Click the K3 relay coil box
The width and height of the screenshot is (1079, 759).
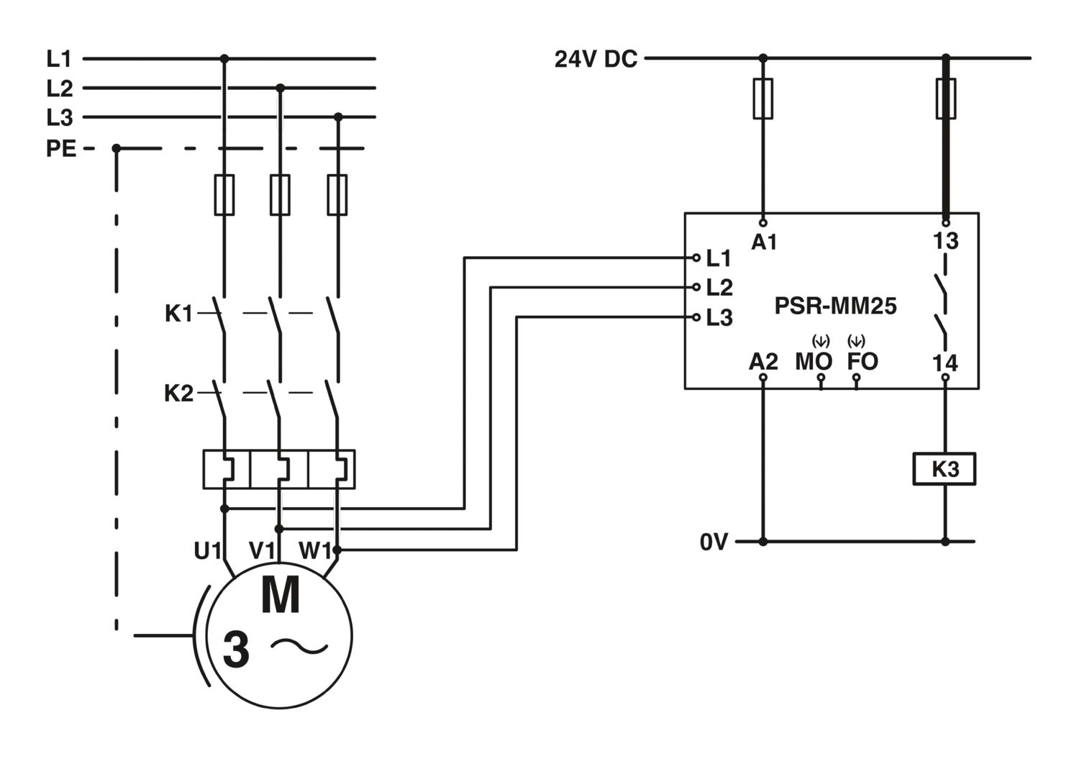944,469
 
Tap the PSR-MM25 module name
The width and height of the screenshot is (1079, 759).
835,306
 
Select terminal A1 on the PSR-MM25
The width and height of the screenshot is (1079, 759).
763,223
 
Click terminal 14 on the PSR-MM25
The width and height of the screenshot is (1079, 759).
945,377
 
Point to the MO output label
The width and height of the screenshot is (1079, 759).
814,361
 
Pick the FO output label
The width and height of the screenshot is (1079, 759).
862,361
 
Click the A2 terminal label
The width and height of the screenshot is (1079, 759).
763,361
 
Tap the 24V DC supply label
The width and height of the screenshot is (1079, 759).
596,59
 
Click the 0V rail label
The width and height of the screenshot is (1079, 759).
714,542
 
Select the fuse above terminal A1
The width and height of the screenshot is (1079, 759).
763,99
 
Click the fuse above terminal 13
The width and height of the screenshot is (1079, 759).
946,99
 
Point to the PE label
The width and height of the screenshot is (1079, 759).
60,148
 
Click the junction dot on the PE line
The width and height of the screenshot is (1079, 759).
116,148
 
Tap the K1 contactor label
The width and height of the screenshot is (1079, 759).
178,314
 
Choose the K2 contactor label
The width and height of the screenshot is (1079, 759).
178,394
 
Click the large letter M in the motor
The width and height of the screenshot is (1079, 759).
281,595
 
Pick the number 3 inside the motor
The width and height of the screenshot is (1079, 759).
237,650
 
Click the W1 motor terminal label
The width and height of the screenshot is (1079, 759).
315,550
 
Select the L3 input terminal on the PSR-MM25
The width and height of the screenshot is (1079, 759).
696,317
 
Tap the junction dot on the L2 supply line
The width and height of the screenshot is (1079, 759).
281,88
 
